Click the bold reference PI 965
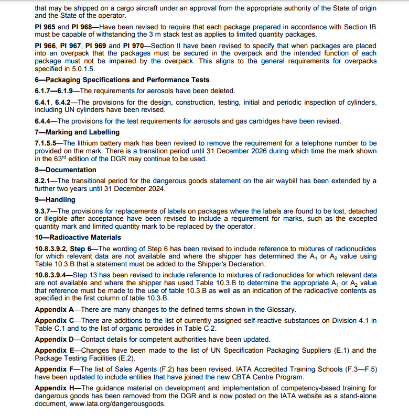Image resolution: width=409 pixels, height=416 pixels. (x=46, y=27)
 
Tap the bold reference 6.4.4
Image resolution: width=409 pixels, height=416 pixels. (x=45, y=121)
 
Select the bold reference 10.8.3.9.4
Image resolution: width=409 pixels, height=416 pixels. (x=50, y=275)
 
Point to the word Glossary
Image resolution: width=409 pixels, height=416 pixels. (x=281, y=309)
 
